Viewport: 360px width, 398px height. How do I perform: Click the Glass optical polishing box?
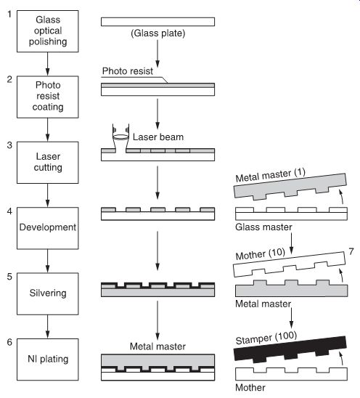click(48, 31)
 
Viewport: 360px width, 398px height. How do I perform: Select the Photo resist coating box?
click(48, 97)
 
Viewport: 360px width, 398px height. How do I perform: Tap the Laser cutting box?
click(48, 163)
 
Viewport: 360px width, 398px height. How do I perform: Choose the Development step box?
click(48, 228)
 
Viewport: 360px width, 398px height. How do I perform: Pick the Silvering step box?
click(48, 293)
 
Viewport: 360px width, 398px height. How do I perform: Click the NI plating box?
click(48, 360)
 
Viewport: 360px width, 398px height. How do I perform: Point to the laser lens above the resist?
click(120, 137)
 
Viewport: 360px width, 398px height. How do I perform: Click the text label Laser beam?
click(158, 137)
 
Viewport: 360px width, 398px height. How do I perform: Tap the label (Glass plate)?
click(157, 33)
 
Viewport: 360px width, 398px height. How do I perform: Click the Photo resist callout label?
click(127, 71)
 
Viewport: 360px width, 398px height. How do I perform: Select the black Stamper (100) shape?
click(290, 349)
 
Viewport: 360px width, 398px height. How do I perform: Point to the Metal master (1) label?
click(270, 175)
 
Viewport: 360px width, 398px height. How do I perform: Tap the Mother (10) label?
click(261, 254)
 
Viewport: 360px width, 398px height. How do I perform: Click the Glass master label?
click(263, 227)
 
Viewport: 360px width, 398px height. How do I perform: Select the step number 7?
click(351, 251)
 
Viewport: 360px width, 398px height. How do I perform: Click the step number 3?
click(9, 145)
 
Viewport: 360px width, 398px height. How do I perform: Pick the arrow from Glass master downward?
click(292, 243)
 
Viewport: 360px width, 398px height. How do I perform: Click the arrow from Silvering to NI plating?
click(47, 327)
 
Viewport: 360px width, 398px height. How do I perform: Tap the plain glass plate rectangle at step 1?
click(157, 22)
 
